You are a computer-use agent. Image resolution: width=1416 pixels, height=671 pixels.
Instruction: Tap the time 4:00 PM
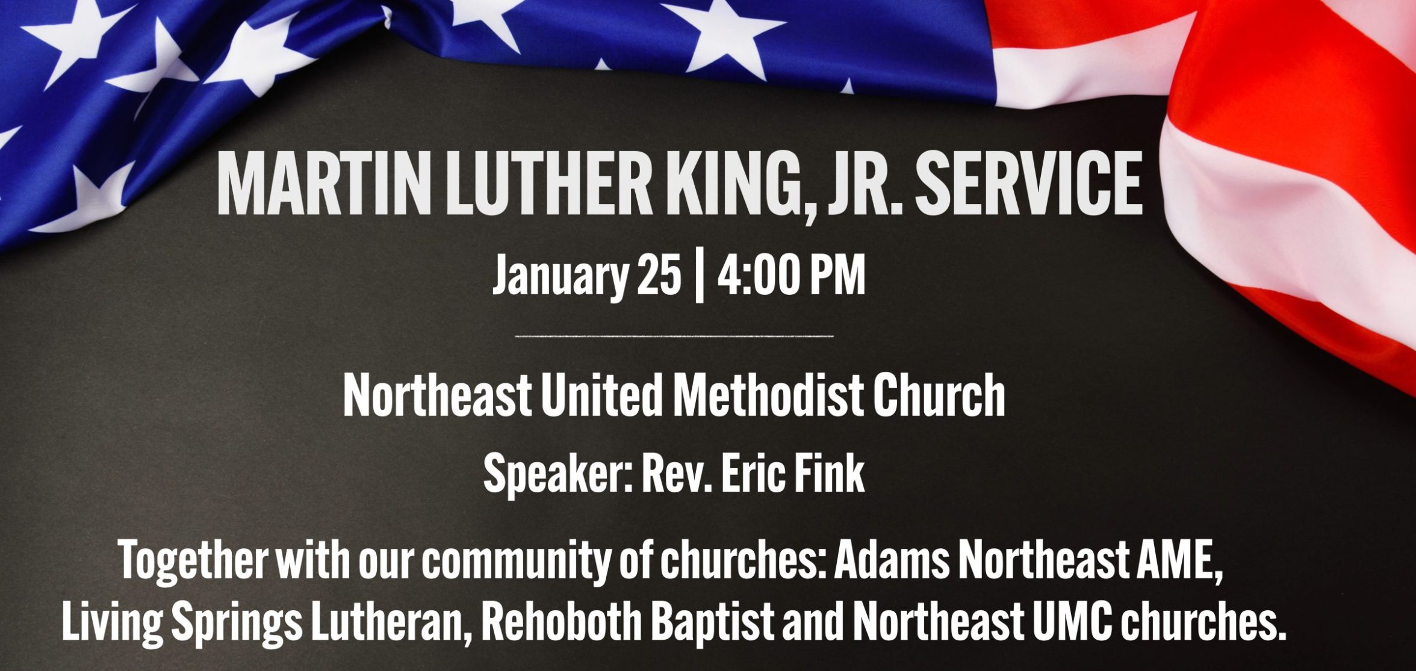(x=791, y=274)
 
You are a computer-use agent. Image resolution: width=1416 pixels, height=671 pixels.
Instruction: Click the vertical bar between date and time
(x=699, y=276)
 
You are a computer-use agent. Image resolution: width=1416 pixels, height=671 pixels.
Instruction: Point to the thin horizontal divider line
(x=674, y=336)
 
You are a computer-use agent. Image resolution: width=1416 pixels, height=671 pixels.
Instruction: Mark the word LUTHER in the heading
(x=548, y=183)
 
